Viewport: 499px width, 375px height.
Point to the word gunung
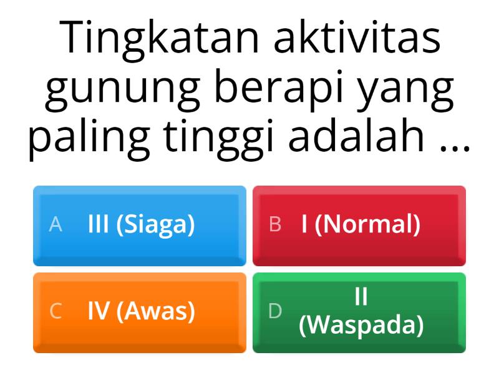tap(122, 89)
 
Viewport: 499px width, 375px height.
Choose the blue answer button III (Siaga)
tap(140, 225)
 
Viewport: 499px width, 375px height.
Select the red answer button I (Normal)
tap(359, 225)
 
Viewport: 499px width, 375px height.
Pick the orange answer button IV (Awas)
tap(140, 311)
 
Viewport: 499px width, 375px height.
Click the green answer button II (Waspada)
tap(359, 311)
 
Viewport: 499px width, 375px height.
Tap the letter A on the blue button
tap(56, 224)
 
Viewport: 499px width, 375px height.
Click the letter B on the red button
tap(275, 224)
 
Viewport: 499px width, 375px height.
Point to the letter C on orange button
tap(56, 311)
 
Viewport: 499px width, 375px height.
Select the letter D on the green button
tap(275, 311)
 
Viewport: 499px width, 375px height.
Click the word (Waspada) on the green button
tap(361, 324)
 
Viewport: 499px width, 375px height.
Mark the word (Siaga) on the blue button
tap(155, 224)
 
